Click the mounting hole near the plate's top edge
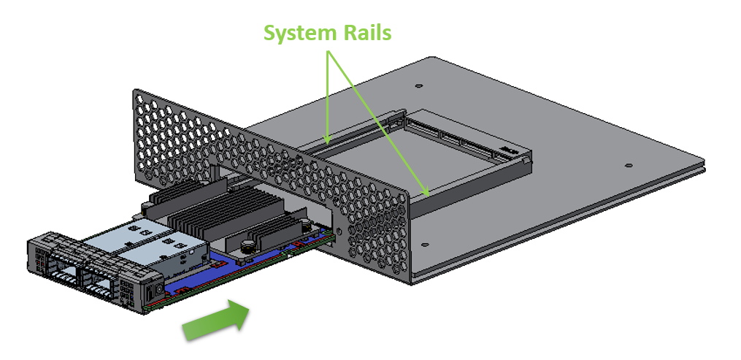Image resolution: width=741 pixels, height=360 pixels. [418, 85]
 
